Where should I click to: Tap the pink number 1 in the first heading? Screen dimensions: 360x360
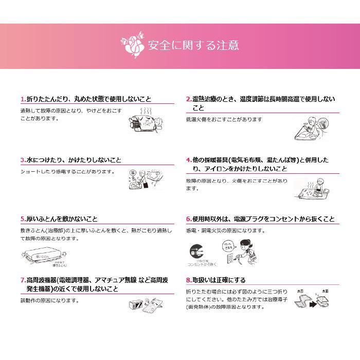point(22,99)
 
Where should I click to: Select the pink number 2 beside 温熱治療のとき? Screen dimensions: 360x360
point(188,99)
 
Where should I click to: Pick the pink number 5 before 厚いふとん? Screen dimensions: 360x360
point(22,219)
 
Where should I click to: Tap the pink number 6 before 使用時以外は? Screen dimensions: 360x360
point(188,219)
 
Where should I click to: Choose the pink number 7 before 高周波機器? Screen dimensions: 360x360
point(22,280)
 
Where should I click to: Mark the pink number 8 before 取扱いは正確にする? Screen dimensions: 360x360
point(188,280)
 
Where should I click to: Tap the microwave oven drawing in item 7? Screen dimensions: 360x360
point(135,305)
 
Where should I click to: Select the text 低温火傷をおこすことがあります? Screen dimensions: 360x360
point(224,119)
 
